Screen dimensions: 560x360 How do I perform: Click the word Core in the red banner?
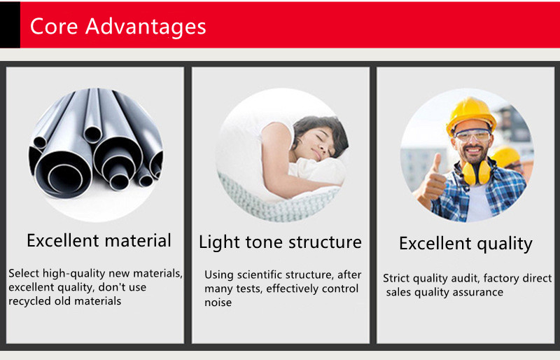(54, 27)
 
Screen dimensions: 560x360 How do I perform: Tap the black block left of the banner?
(10, 25)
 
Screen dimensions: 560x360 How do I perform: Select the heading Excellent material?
(99, 240)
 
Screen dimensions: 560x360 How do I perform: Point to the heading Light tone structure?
(281, 242)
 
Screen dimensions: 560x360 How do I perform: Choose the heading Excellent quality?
(465, 244)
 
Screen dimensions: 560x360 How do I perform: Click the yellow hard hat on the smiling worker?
(470, 115)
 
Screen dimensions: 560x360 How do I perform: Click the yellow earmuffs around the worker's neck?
(477, 172)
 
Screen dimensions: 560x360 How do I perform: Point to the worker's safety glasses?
(472, 135)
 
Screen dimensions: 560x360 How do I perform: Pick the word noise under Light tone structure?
(218, 303)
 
